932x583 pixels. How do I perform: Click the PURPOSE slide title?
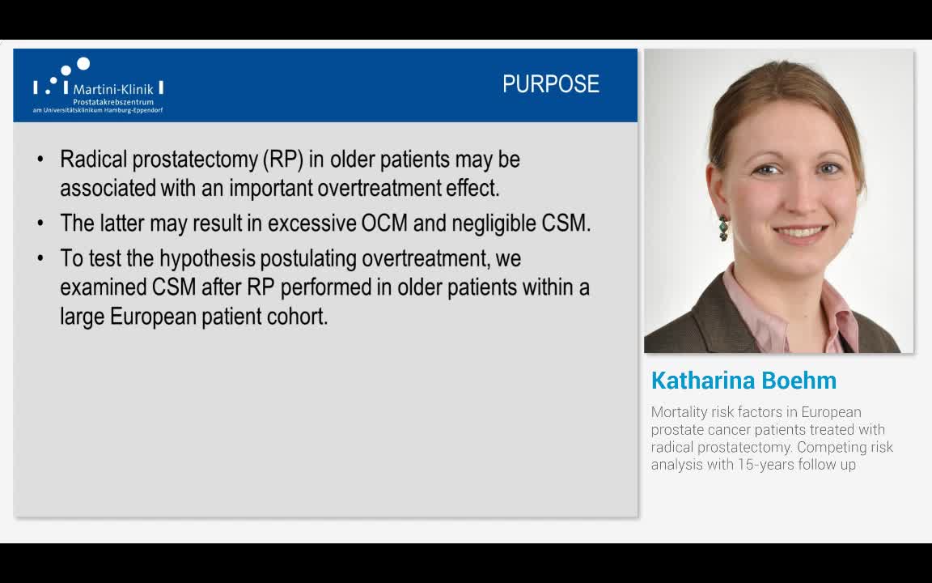click(x=550, y=84)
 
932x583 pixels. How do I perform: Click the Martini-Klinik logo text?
click(x=113, y=89)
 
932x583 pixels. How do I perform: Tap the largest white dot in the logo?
click(x=84, y=63)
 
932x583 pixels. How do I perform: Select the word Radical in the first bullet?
click(x=93, y=159)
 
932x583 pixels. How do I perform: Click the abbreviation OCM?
click(x=384, y=223)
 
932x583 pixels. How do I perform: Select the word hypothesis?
click(x=207, y=259)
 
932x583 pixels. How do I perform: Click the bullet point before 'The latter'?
click(x=40, y=223)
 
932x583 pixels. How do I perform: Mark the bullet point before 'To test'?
click(x=40, y=259)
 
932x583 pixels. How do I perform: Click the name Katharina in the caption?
click(x=701, y=380)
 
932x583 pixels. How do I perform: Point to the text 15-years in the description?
click(x=765, y=464)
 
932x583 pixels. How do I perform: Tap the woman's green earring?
click(x=723, y=228)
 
